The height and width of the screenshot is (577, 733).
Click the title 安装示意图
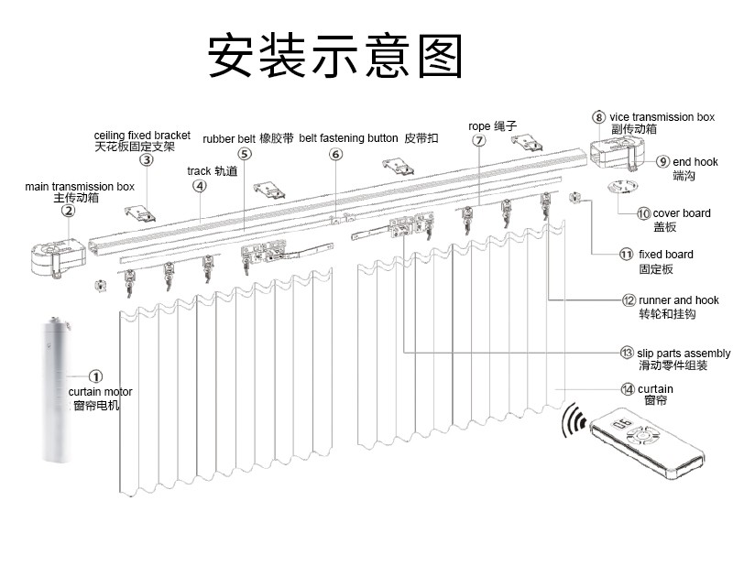pyautogui.click(x=334, y=57)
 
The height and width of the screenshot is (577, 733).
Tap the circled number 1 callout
pyautogui.click(x=96, y=376)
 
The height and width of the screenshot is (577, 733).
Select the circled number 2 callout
pyautogui.click(x=68, y=210)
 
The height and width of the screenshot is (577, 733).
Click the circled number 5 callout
pyautogui.click(x=244, y=154)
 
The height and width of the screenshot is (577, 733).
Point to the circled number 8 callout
pyautogui.click(x=598, y=116)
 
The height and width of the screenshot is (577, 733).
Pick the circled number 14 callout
pyautogui.click(x=627, y=389)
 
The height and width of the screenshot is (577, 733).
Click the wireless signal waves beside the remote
pyautogui.click(x=574, y=420)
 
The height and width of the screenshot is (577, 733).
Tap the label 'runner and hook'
pyautogui.click(x=684, y=299)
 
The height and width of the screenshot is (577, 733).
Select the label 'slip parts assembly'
pyautogui.click(x=684, y=353)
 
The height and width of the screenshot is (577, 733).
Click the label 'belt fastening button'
pyautogui.click(x=348, y=138)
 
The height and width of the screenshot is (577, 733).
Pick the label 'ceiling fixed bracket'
pyautogui.click(x=142, y=135)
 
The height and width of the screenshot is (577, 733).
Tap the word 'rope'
pyautogui.click(x=479, y=125)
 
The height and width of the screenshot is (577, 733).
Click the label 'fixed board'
pyautogui.click(x=666, y=254)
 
